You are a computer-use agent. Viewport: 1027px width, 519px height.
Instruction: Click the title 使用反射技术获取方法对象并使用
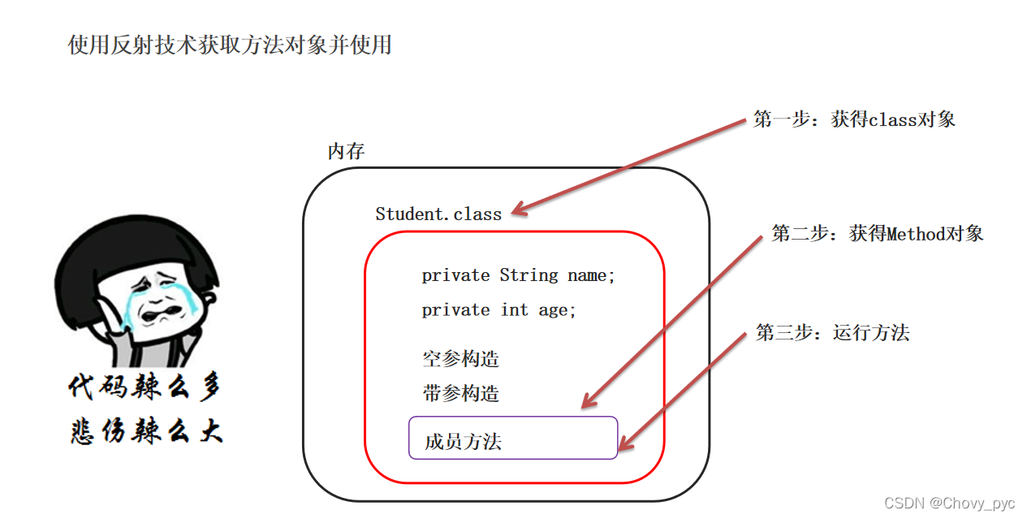coord(230,45)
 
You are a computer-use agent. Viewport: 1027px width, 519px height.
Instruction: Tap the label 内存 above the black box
coord(346,152)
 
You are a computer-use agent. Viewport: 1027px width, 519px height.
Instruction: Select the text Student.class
coord(438,214)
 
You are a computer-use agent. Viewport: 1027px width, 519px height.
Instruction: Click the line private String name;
coord(519,276)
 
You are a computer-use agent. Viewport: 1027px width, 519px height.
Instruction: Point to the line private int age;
coord(498,310)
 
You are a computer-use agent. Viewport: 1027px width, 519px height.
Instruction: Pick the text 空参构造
coord(460,359)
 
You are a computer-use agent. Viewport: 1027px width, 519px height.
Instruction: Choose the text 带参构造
coord(460,395)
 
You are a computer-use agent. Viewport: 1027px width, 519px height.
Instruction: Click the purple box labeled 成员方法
coord(512,439)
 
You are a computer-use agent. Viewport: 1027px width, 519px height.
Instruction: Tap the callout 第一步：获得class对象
coord(854,119)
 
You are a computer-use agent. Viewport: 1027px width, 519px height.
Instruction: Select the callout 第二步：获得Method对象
coord(877,235)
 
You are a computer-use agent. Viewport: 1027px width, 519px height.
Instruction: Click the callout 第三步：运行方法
coord(832,333)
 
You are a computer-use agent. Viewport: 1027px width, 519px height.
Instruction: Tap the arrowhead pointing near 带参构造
coord(589,401)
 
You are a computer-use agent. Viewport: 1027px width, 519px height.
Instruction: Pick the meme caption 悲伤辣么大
coord(145,431)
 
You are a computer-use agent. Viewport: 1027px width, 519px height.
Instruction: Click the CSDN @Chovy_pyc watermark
coord(949,504)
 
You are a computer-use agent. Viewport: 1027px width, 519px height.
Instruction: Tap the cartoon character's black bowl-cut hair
coord(138,252)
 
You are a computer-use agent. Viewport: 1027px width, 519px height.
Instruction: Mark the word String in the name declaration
coord(529,276)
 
